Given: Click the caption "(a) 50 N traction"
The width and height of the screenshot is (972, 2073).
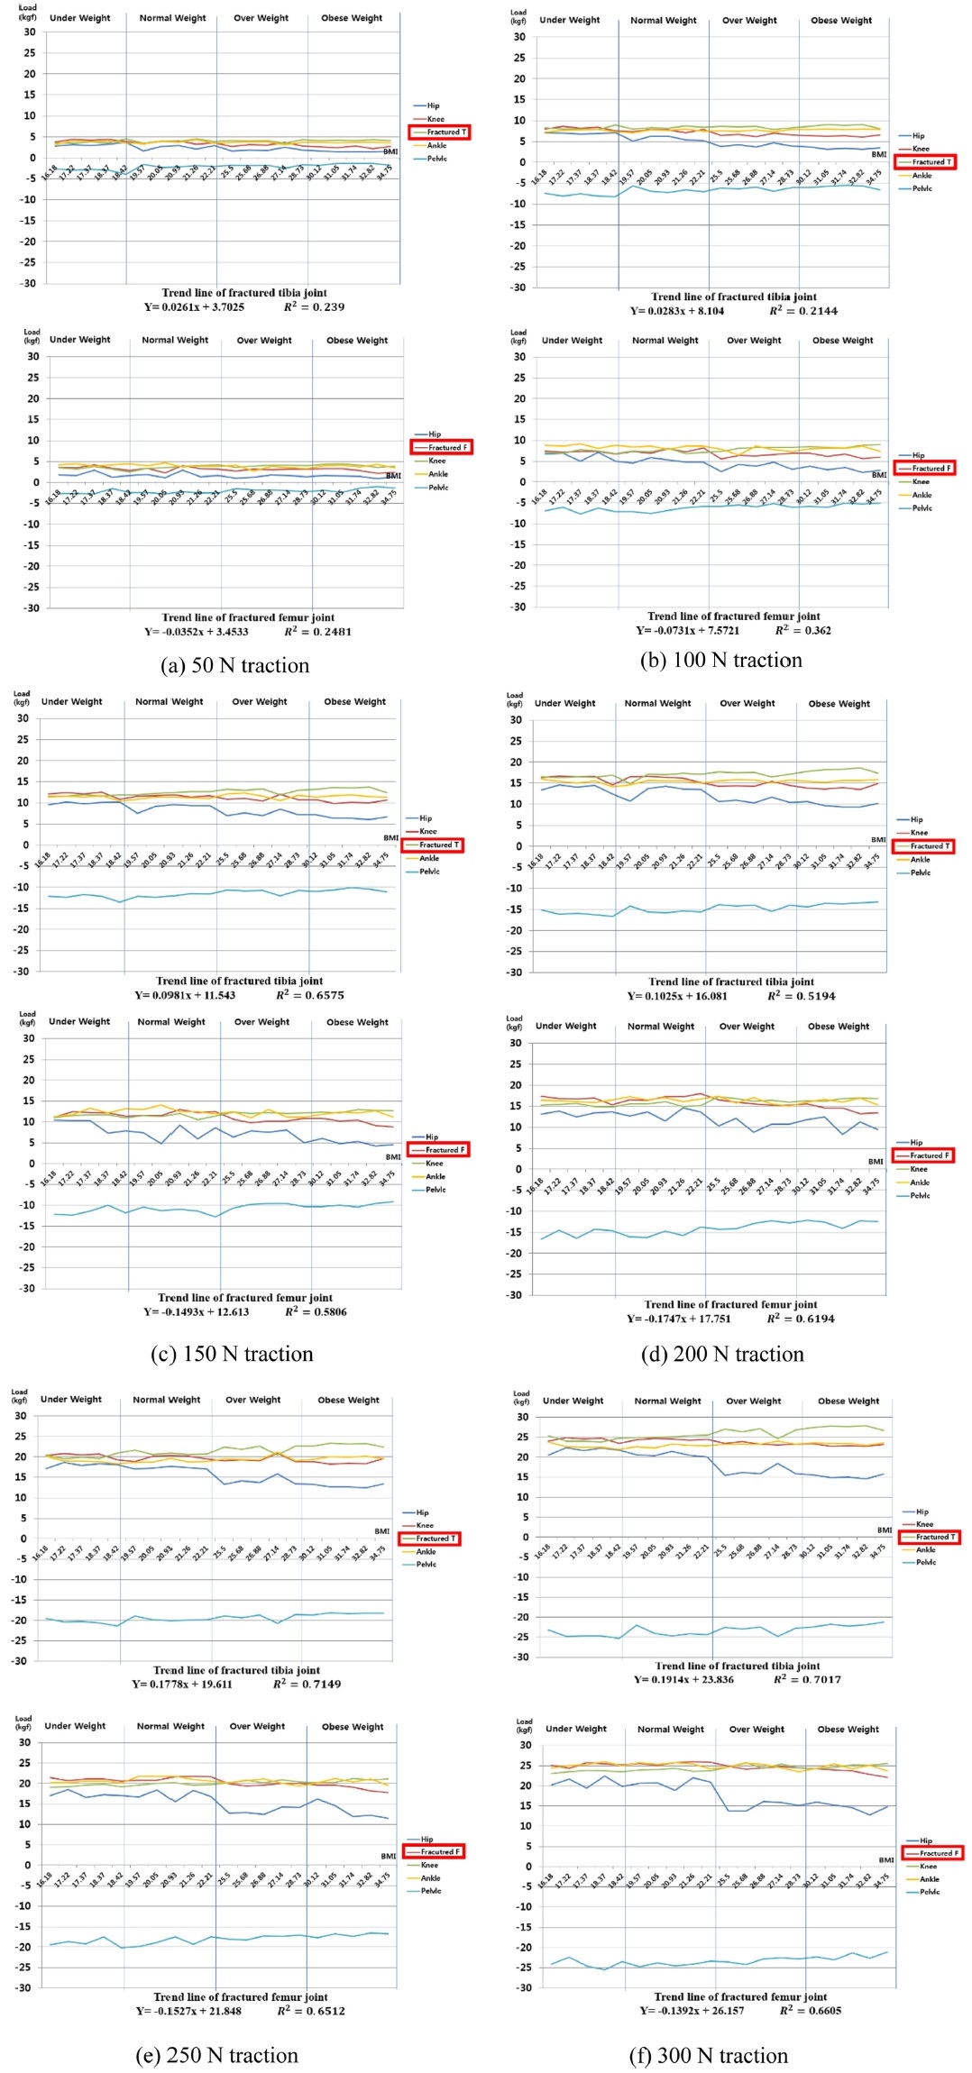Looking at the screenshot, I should tap(234, 665).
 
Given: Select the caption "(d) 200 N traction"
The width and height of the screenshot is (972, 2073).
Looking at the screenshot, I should tap(721, 1354).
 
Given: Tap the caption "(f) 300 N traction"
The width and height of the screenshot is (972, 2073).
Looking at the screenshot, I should tap(708, 2055).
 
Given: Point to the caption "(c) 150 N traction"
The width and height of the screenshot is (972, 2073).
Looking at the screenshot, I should tap(232, 1354).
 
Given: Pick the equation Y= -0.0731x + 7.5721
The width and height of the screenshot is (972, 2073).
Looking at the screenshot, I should tap(687, 631).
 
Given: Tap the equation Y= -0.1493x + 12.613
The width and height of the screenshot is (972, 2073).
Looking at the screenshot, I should tap(196, 1311).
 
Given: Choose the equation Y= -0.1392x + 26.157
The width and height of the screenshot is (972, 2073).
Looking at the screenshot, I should tap(692, 2011).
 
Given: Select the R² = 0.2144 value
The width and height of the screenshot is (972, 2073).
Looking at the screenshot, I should tap(803, 311).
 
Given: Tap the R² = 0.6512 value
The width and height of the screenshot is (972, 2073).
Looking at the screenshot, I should tap(310, 2011).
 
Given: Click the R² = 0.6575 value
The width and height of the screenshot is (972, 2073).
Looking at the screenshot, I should tap(309, 995).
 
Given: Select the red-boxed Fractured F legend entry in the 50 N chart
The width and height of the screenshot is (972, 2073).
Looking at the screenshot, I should tap(441, 447).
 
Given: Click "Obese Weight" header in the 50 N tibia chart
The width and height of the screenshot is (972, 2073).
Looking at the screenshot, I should tap(352, 18).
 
